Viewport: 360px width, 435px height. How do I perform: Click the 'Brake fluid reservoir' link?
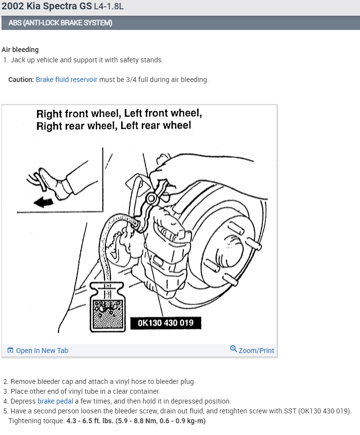pyautogui.click(x=67, y=80)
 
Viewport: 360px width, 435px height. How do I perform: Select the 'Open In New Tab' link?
pyautogui.click(x=42, y=351)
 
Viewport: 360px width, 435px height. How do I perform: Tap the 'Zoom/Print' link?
pyautogui.click(x=256, y=351)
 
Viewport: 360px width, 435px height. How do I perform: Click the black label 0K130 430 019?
pyautogui.click(x=165, y=323)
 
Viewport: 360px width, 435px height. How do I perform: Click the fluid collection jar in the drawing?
pyautogui.click(x=107, y=307)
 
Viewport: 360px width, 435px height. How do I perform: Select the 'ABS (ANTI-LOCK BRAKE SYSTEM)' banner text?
pyautogui.click(x=60, y=23)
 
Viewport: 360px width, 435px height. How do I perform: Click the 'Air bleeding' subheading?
pyautogui.click(x=20, y=50)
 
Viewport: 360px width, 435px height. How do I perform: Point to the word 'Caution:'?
pyautogui.click(x=21, y=80)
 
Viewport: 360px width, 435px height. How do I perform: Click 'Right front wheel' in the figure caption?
pyautogui.click(x=78, y=114)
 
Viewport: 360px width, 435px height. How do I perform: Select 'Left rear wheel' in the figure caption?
pyautogui.click(x=157, y=126)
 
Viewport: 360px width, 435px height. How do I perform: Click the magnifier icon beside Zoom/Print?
pyautogui.click(x=233, y=349)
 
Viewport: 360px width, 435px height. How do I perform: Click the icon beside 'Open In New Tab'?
pyautogui.click(x=10, y=351)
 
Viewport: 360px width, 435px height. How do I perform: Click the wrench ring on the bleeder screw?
pyautogui.click(x=151, y=199)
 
